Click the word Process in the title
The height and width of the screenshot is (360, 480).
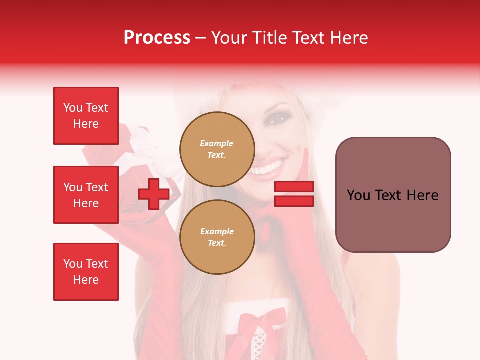pyautogui.click(x=157, y=38)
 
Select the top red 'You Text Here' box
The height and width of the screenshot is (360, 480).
pyautogui.click(x=86, y=116)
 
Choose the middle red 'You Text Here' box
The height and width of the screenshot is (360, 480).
pyautogui.click(x=86, y=195)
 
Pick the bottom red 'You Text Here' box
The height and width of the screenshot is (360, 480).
pyautogui.click(x=86, y=272)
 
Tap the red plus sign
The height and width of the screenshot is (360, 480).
pyautogui.click(x=154, y=194)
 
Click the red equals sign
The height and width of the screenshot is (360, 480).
pyautogui.click(x=294, y=194)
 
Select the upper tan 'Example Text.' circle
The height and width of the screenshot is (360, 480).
pyautogui.click(x=217, y=149)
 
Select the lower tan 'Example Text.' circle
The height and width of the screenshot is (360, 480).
pyautogui.click(x=217, y=237)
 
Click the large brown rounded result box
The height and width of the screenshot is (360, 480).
pyautogui.click(x=393, y=195)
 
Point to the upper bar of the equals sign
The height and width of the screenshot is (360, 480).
pyautogui.click(x=294, y=187)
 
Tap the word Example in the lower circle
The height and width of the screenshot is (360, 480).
pyautogui.click(x=217, y=231)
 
